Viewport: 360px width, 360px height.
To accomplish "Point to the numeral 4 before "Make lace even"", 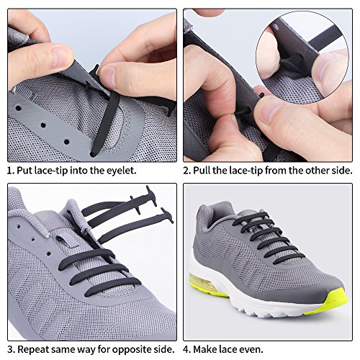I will click(x=187, y=350).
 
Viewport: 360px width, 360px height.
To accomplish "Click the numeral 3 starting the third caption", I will click(x=10, y=350).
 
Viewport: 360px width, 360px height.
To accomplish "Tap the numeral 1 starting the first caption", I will click(x=10, y=171).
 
